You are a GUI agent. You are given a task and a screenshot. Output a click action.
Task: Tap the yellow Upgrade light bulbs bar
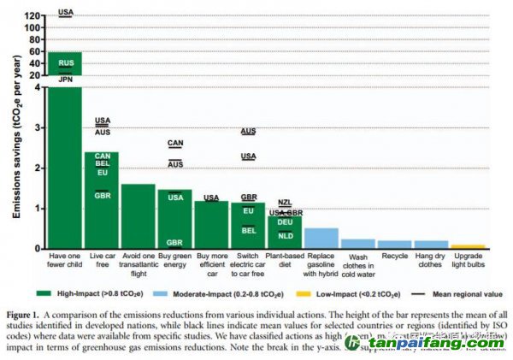click(468, 246)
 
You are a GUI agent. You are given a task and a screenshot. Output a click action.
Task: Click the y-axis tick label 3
click(36, 127)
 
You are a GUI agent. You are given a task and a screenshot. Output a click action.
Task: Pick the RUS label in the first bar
click(66, 63)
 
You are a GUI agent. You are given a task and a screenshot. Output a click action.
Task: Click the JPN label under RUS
click(66, 79)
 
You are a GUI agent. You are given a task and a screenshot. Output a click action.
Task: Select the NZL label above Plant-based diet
click(285, 202)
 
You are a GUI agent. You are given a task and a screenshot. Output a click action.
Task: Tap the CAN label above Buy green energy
click(174, 143)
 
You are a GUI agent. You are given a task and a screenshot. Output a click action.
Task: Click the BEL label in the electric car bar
click(248, 230)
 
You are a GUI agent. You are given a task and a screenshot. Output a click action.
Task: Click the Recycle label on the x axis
click(394, 256)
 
